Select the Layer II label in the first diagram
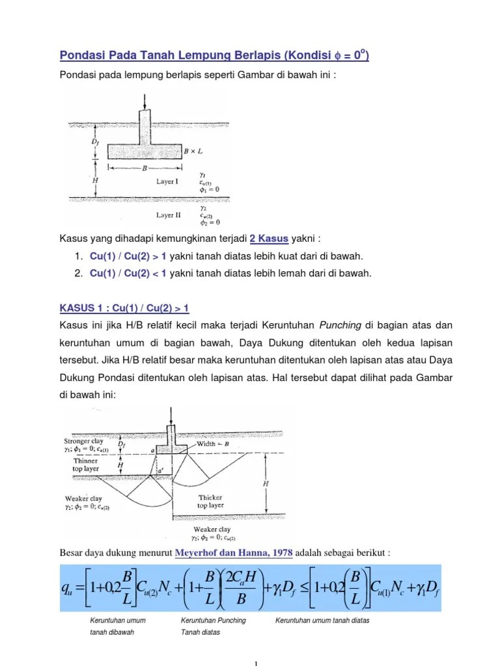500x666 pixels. [x=168, y=215]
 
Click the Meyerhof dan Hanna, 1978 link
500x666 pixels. [x=234, y=553]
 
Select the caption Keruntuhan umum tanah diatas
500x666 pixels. [x=322, y=620]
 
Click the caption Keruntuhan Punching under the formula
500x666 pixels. [x=213, y=620]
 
